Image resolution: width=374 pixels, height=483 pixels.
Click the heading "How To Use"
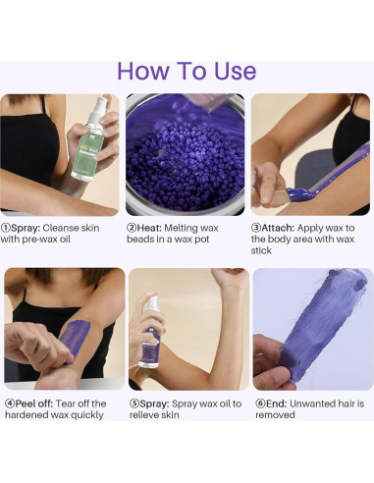click(x=187, y=71)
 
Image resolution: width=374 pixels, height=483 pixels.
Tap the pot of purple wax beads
click(x=186, y=155)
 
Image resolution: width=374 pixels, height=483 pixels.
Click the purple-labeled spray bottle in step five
click(x=150, y=332)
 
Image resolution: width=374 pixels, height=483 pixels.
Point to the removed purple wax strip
click(x=323, y=326)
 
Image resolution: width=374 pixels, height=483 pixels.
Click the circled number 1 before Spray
click(x=6, y=228)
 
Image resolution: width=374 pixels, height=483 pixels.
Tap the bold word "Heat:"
click(x=149, y=228)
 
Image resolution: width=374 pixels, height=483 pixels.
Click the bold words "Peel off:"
click(x=33, y=403)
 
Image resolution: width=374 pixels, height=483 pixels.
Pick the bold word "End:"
click(x=276, y=403)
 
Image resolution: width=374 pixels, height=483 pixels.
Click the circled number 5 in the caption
click(x=134, y=403)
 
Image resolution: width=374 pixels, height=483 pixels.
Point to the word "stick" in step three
click(x=261, y=250)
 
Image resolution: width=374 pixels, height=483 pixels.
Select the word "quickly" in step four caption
click(x=87, y=415)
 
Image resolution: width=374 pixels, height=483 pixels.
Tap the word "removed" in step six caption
click(x=275, y=415)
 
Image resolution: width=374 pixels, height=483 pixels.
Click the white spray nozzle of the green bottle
click(x=97, y=108)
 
